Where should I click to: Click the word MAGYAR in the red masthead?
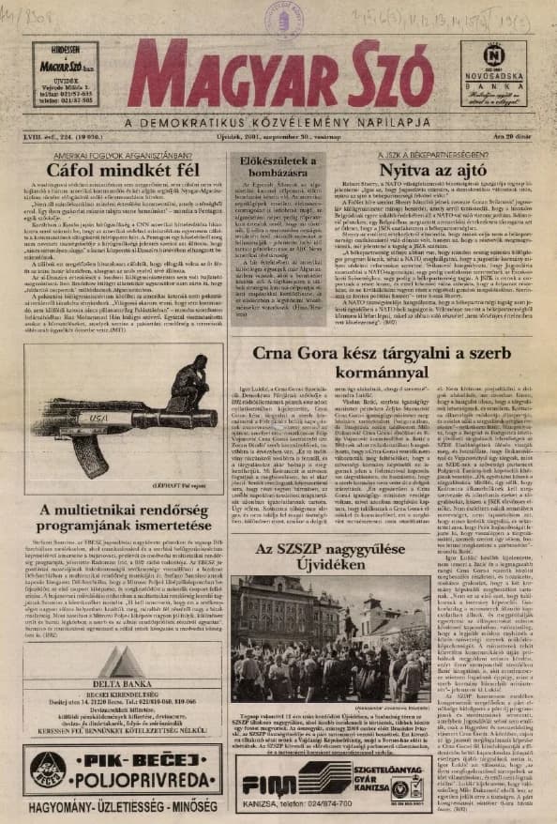click(x=212, y=82)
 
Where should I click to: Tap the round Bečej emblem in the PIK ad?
click(x=47, y=770)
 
